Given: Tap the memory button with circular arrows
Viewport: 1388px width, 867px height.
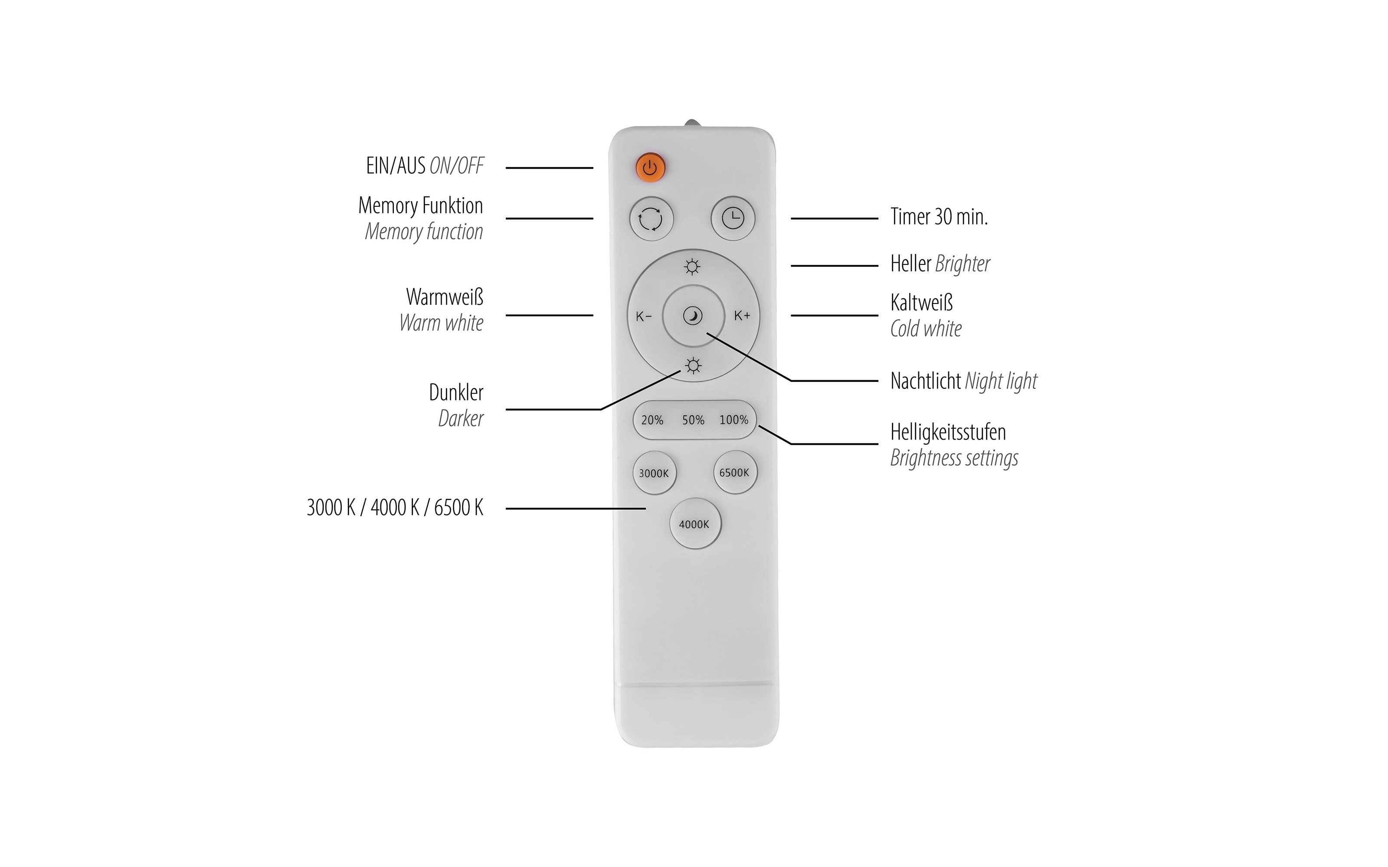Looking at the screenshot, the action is pos(651,218).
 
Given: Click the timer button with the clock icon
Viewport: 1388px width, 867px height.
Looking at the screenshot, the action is pos(733,218).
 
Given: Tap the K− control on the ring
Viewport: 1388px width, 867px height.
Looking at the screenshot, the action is pos(644,316).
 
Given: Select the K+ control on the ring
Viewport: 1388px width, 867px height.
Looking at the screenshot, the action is pos(742,316).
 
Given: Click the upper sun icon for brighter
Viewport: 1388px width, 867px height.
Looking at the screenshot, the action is pos(692,267).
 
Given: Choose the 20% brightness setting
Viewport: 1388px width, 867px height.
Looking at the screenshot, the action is pos(652,420).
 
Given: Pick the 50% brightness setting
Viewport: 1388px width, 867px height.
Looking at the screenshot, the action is pos(693,420).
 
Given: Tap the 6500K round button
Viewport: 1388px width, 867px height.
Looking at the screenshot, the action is pos(735,473).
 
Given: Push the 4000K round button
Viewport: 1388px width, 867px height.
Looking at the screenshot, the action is pos(694,524).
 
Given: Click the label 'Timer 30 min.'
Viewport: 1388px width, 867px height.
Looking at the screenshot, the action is pos(939,217).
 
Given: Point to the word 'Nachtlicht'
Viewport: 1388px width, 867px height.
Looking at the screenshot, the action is pos(926,381).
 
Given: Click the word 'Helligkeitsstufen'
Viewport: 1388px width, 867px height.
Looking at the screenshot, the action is pos(948,432).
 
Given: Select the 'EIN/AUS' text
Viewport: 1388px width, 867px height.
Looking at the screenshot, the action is pos(396,166).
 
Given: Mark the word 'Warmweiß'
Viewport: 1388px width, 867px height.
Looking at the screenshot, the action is pos(445,297).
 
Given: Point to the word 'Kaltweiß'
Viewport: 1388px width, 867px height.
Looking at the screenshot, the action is pos(922,302).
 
